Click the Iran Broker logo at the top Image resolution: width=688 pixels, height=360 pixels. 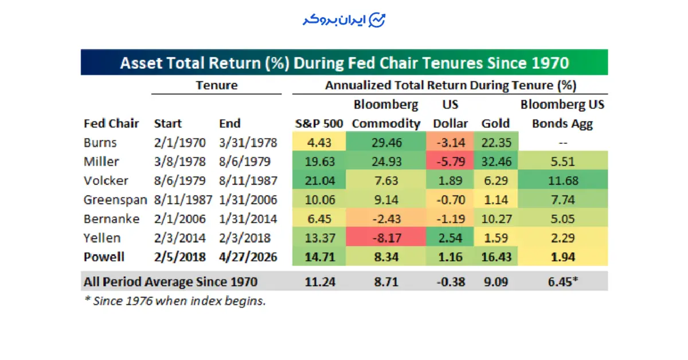343,20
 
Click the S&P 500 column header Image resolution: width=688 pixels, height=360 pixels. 319,123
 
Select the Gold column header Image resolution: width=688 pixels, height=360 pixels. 495,123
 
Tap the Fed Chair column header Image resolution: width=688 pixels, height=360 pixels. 111,123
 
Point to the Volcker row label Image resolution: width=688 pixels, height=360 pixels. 105,181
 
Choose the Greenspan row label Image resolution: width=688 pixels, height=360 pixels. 115,200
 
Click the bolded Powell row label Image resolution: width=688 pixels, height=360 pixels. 104,257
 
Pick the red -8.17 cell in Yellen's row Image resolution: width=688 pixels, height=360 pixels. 386,237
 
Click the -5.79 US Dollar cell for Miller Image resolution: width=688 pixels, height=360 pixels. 450,161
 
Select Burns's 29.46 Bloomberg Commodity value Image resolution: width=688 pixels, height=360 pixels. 386,142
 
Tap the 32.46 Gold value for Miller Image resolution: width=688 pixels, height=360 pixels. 496,161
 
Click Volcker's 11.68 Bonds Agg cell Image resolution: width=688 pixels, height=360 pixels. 562,181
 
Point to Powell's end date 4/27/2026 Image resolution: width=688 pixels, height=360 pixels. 248,257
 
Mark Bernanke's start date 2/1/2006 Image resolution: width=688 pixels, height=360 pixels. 179,219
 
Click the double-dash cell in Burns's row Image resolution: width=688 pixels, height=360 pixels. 562,143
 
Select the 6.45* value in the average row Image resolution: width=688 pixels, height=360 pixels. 562,281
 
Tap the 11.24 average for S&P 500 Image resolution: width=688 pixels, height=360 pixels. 320,281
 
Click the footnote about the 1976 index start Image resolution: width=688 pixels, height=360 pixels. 175,301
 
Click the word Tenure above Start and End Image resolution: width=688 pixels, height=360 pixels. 217,85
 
